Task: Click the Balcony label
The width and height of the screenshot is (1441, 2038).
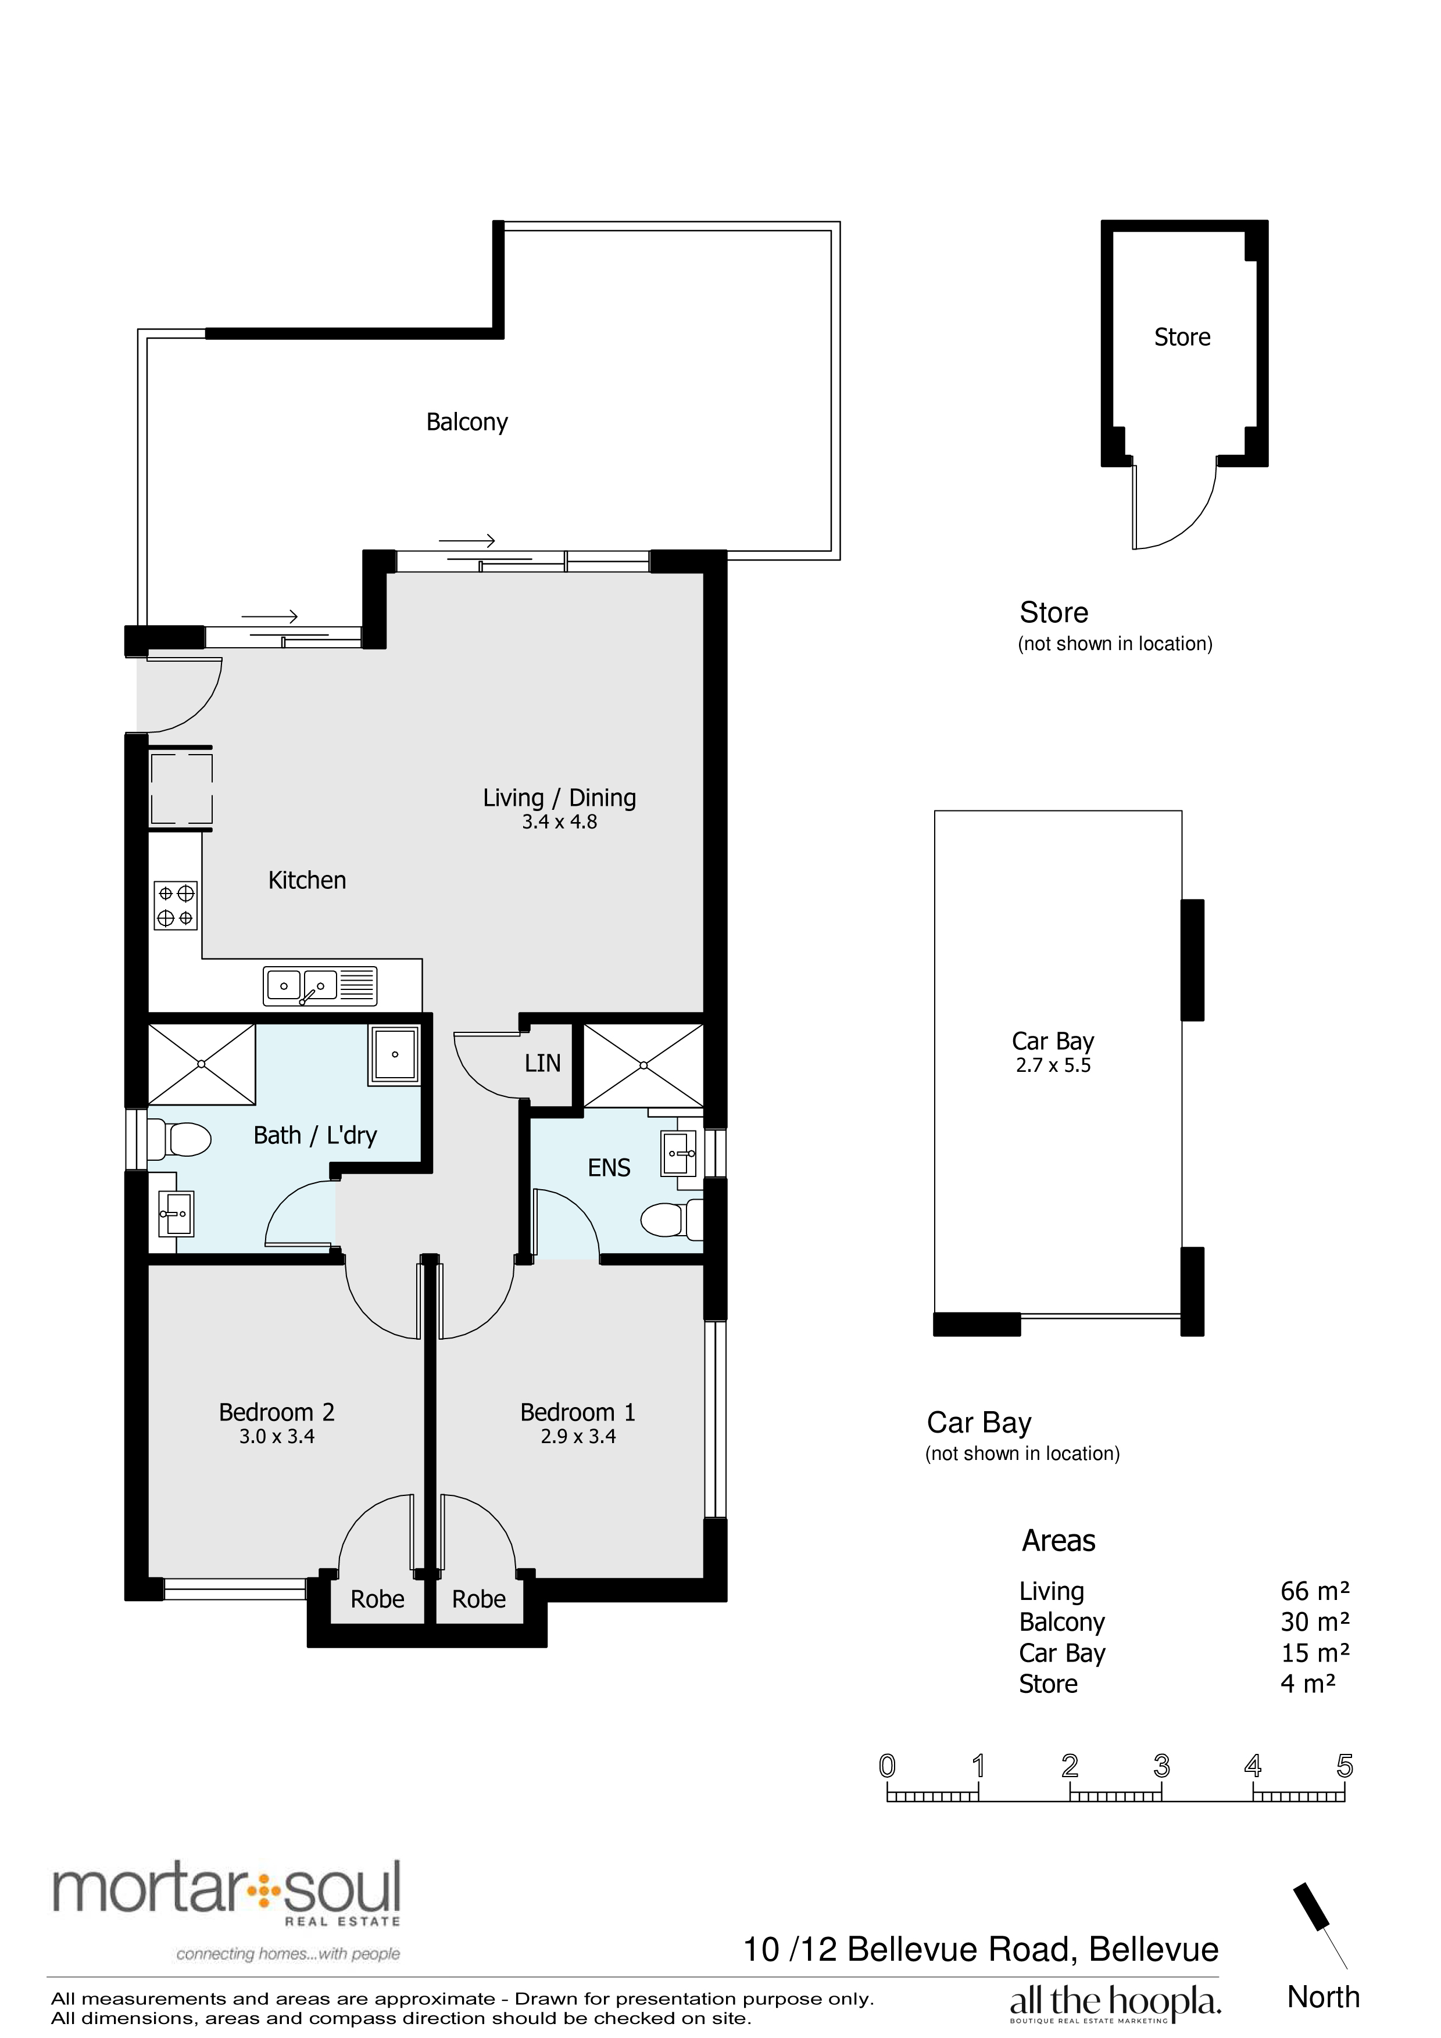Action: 466,422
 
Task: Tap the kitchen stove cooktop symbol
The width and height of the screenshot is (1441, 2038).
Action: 176,905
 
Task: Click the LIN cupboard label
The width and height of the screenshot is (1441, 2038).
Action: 542,1063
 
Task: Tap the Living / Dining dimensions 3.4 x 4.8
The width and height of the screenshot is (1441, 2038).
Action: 559,822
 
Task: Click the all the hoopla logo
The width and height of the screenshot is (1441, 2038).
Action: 1115,2003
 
